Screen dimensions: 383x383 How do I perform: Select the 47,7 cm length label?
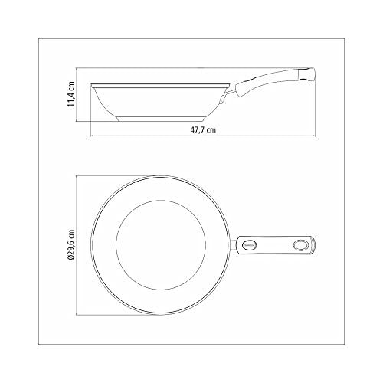[202, 131]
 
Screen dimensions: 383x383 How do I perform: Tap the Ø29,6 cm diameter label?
[70, 244]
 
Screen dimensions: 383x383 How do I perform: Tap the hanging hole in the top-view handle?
[301, 245]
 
